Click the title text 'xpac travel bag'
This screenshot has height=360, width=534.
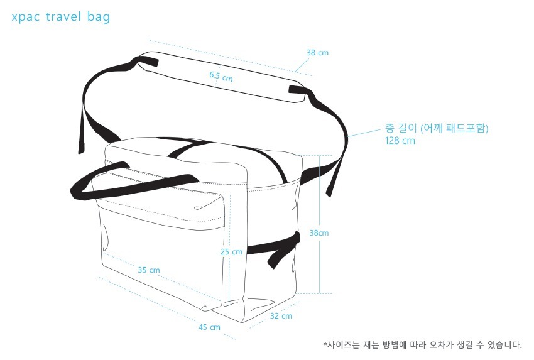point(60,17)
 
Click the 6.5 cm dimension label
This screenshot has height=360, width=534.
point(221,77)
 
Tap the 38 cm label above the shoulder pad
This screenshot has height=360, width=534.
point(317,53)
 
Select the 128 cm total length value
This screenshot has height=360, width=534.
point(400,141)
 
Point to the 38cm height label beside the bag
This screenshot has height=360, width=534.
point(319,233)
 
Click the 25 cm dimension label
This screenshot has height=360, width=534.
point(231,252)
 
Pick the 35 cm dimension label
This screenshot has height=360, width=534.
point(149,270)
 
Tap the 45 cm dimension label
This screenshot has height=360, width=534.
point(209,327)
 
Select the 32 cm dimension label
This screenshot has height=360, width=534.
point(281,316)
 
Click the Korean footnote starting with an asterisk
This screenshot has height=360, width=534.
point(422,344)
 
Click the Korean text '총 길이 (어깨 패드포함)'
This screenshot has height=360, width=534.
point(436,128)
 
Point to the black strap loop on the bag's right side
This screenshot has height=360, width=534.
point(276,249)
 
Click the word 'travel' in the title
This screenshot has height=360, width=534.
point(63,17)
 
